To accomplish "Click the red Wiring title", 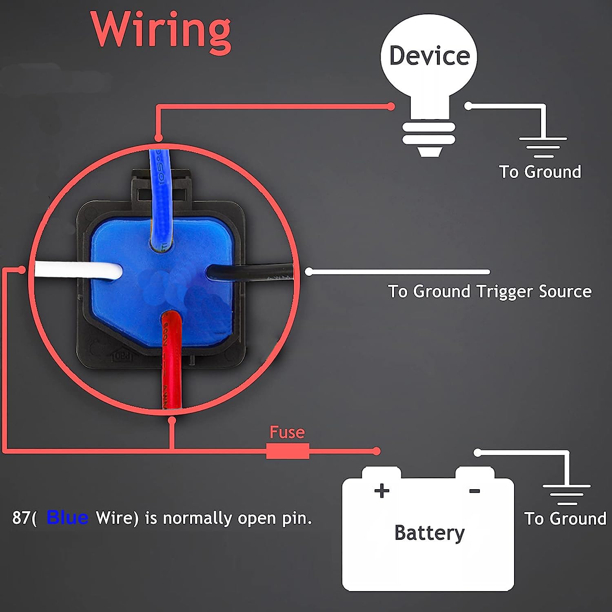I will point(161,31).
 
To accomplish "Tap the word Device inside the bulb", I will point(429,56).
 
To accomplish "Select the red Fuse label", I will point(287,432).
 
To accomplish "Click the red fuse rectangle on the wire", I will point(287,451).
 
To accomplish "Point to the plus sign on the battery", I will point(381,491).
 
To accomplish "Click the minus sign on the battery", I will point(475,491).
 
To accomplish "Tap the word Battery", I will point(429,533).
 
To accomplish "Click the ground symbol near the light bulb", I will point(543,147).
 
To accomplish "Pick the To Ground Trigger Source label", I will point(490,292).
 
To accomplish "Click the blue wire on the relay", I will point(161,196).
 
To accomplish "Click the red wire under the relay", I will point(171,359).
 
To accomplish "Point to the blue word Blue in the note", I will point(67,518).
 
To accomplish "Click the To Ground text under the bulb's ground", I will point(540,172).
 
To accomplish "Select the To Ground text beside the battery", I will point(565,519).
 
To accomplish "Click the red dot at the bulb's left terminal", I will point(391,106).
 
